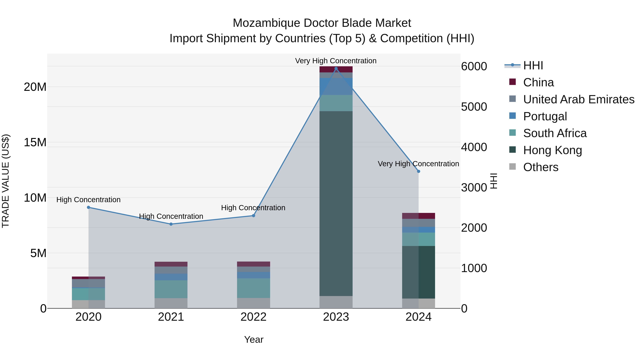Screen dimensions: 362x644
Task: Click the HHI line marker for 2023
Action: (x=336, y=68)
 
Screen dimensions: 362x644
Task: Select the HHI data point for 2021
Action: (x=171, y=224)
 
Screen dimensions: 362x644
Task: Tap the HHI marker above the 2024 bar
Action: (x=418, y=171)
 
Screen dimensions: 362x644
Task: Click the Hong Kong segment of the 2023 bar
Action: (x=336, y=204)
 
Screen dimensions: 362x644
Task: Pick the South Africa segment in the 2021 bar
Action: (x=171, y=289)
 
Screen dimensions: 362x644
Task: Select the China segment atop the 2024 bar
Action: (x=418, y=216)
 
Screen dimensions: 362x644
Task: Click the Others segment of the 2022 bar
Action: (x=253, y=303)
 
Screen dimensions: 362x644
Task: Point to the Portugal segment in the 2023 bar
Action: (x=336, y=87)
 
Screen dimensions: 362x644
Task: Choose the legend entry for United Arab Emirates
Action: (x=579, y=99)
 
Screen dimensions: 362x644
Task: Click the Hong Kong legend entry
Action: (x=553, y=150)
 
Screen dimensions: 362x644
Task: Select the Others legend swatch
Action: (x=513, y=167)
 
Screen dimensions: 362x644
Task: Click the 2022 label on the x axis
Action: (x=253, y=317)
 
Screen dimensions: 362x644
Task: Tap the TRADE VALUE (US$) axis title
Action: (x=6, y=181)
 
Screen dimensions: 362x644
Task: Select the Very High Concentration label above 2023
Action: (x=336, y=61)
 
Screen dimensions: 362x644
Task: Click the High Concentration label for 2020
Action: (x=89, y=200)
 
